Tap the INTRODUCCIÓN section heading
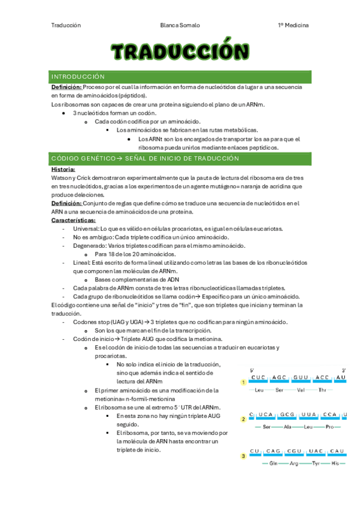click(78, 77)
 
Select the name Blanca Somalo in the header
click(180, 26)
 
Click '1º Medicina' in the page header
click(293, 26)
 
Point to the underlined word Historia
click(63, 170)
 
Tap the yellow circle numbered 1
click(243, 382)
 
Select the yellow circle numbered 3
click(243, 456)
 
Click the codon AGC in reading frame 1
click(280, 378)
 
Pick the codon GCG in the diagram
click(287, 415)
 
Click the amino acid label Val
click(301, 390)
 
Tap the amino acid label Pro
click(329, 427)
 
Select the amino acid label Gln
click(273, 464)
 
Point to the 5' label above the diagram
click(252, 370)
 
